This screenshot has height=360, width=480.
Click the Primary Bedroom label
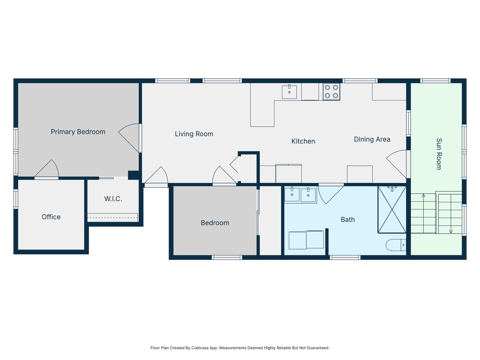(78, 132)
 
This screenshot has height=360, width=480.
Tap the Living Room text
(194, 134)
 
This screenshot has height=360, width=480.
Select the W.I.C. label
(113, 199)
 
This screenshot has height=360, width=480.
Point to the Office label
(51, 217)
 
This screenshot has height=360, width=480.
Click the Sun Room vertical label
(439, 154)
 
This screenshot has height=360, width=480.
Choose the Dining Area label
(372, 139)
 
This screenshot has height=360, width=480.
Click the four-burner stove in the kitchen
(331, 92)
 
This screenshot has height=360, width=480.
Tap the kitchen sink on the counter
(289, 92)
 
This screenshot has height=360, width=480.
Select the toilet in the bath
(396, 245)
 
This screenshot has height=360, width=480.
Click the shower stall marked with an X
(392, 210)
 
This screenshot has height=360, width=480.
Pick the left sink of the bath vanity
(292, 194)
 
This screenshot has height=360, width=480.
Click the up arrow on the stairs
(423, 196)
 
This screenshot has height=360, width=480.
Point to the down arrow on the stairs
(451, 231)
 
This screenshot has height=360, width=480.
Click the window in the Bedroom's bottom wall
(227, 257)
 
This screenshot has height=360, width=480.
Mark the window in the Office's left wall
(16, 199)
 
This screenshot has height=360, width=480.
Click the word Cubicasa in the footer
(200, 348)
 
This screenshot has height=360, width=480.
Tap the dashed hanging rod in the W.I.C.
(113, 218)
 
